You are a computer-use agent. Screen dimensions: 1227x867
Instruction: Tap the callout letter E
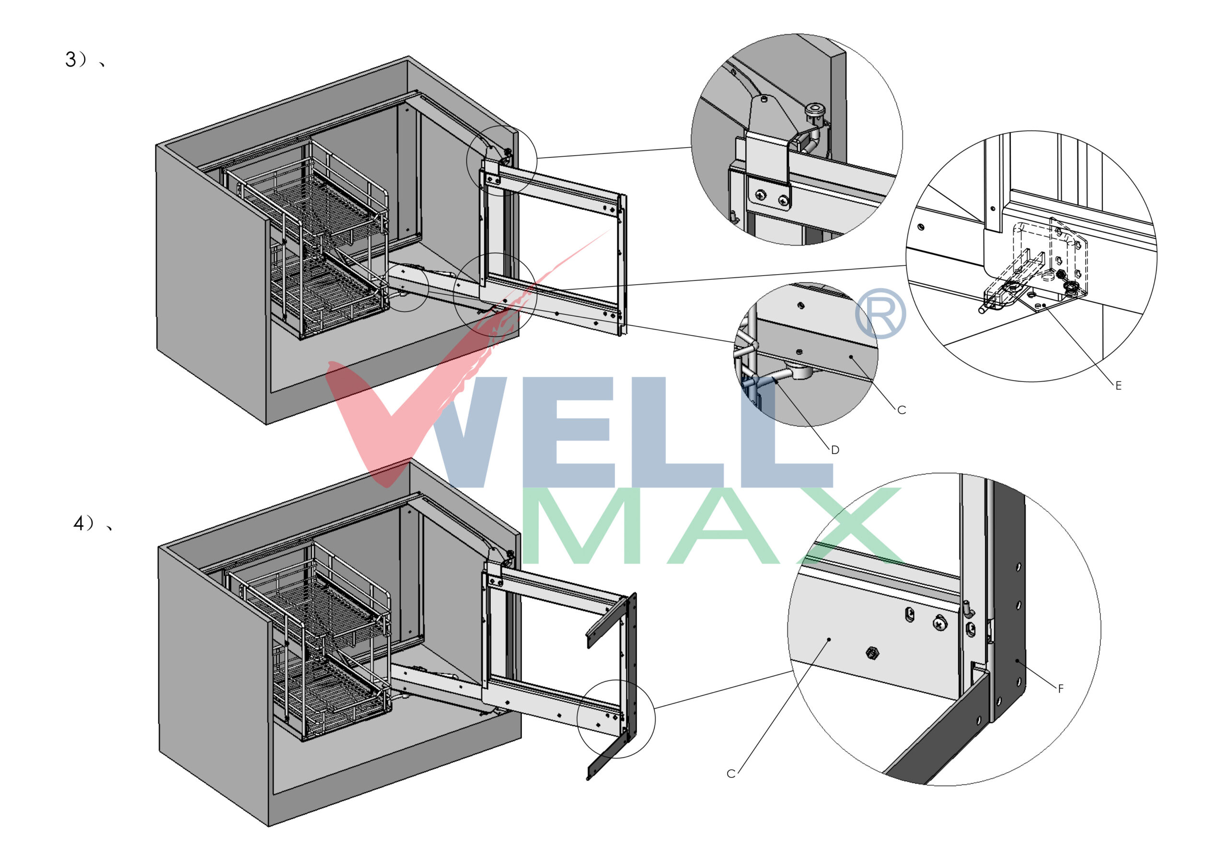(x=1118, y=385)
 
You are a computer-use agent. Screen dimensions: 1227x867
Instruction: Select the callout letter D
(x=835, y=450)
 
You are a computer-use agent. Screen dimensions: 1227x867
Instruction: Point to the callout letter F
(x=1061, y=688)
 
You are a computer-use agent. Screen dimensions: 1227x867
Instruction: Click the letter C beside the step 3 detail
(x=902, y=410)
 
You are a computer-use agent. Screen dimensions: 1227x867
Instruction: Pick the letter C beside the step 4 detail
(x=731, y=774)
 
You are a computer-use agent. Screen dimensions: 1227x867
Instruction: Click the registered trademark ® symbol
(x=880, y=314)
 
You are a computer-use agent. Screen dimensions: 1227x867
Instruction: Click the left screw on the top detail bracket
(x=761, y=196)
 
